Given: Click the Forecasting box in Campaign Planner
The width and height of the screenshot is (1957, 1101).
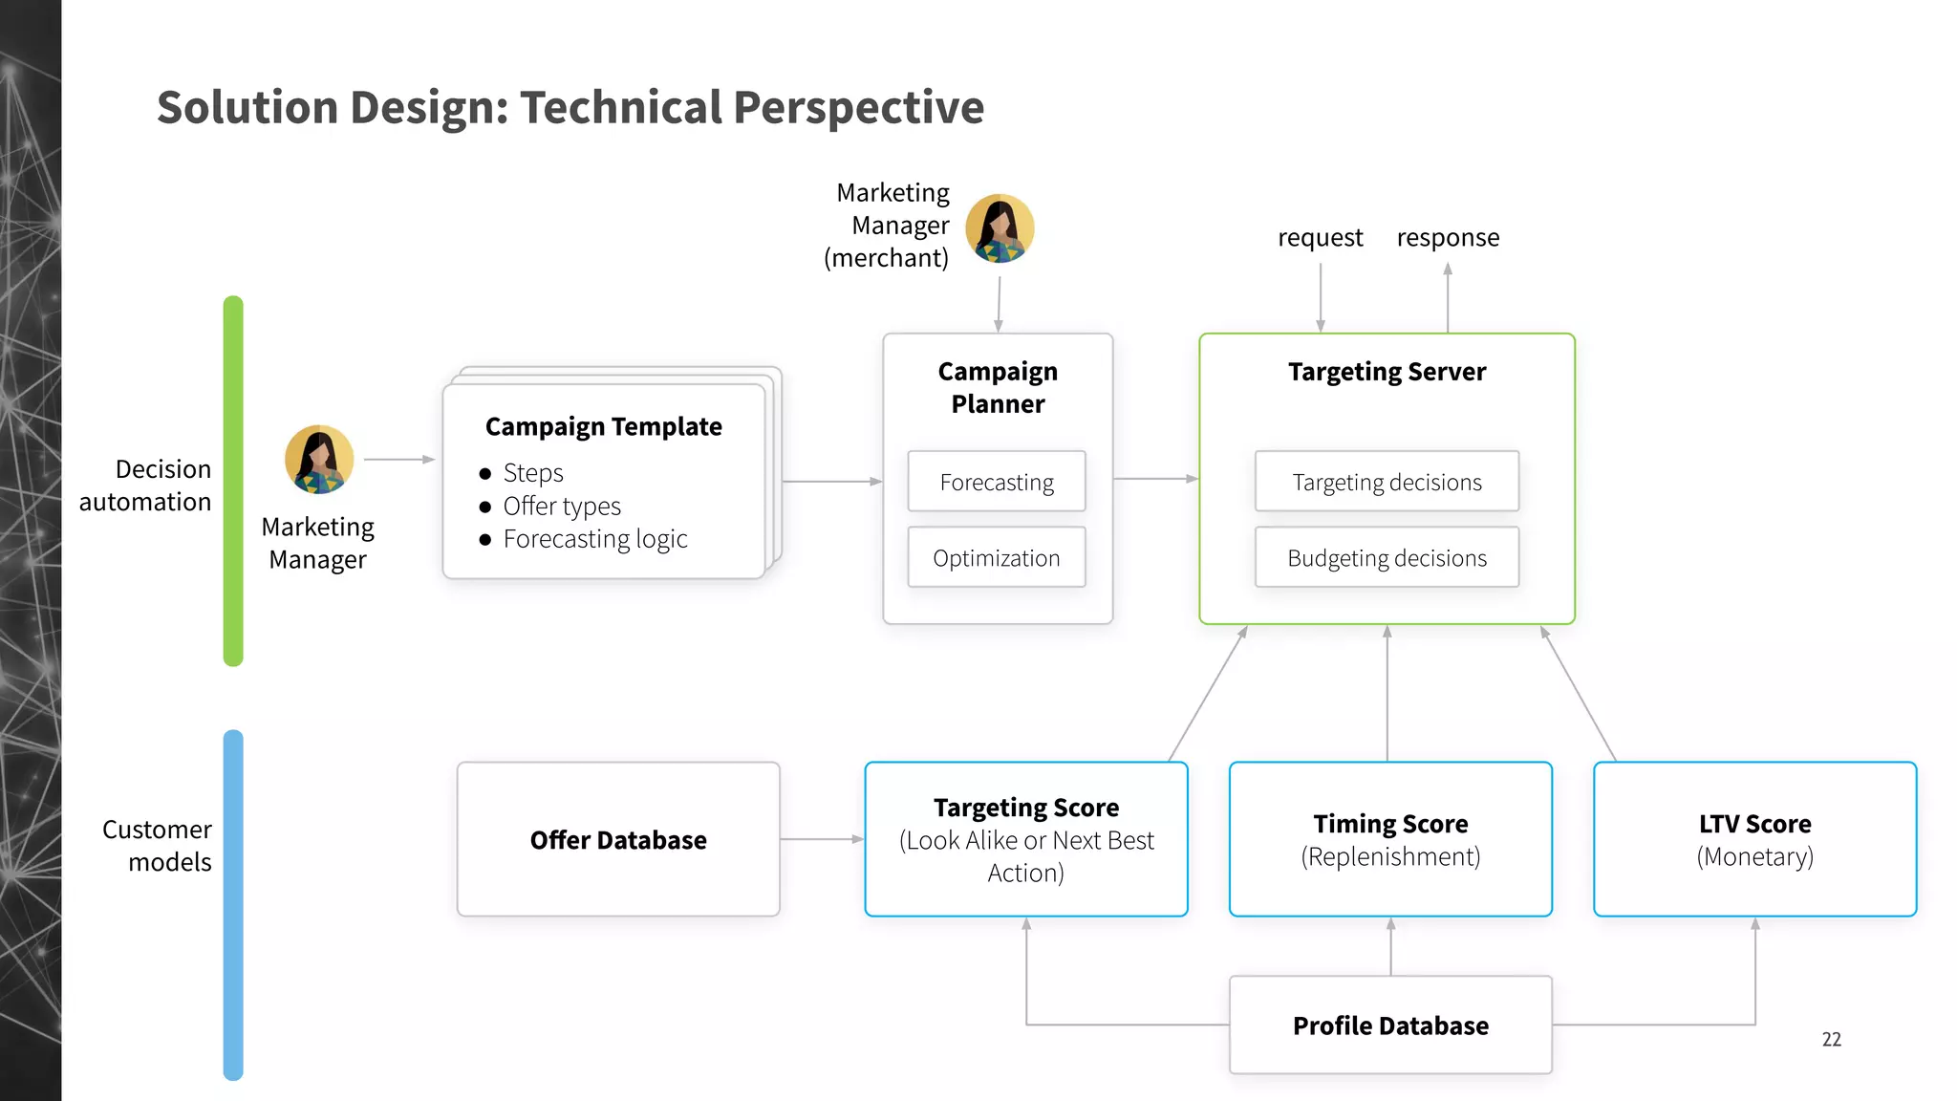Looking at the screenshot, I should [x=997, y=482].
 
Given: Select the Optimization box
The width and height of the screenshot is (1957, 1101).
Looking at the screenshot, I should [x=997, y=557].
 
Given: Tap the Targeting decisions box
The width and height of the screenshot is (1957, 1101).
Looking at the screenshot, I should [x=1387, y=482].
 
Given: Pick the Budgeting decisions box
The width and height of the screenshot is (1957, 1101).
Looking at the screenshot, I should [x=1387, y=557].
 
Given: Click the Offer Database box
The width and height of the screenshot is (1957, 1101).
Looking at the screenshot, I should [x=618, y=839].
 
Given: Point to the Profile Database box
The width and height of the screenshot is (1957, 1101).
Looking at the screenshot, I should [x=1390, y=1025].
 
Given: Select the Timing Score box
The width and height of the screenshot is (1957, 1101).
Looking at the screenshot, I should [x=1390, y=839].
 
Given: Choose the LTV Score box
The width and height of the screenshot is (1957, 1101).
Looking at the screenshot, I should [x=1754, y=839].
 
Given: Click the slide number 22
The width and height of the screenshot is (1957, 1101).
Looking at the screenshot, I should [x=1831, y=1039].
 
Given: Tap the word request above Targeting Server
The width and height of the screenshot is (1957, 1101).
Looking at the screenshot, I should [x=1320, y=237].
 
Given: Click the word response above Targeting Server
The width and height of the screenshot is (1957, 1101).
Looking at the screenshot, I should [x=1448, y=237].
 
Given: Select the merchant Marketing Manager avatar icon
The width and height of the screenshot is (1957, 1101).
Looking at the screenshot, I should [x=1000, y=228].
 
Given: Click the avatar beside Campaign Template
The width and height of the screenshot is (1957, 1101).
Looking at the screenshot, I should [x=319, y=460].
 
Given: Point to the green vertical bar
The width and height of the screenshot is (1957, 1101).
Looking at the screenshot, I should [x=233, y=481].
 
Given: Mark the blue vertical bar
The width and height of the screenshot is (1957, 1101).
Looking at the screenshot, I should [x=233, y=905].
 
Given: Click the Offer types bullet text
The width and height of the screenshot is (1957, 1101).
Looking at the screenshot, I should [x=562, y=506].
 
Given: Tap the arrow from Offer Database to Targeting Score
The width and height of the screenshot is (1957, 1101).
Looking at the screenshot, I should [x=822, y=839].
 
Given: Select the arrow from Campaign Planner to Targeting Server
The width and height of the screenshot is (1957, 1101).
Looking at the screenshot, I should [x=1155, y=478].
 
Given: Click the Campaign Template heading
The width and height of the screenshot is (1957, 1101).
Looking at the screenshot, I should [x=603, y=426].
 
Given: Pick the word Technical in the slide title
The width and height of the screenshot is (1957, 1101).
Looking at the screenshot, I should [x=620, y=107].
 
